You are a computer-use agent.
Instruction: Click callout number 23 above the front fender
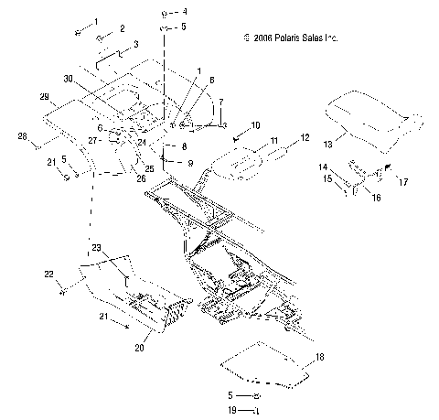[x=95, y=248]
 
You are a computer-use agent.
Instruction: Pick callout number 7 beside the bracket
[x=219, y=103]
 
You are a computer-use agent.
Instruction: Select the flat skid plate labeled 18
[x=267, y=362]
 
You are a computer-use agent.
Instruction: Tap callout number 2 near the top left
[x=123, y=30]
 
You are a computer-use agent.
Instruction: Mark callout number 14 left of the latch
[x=323, y=167]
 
